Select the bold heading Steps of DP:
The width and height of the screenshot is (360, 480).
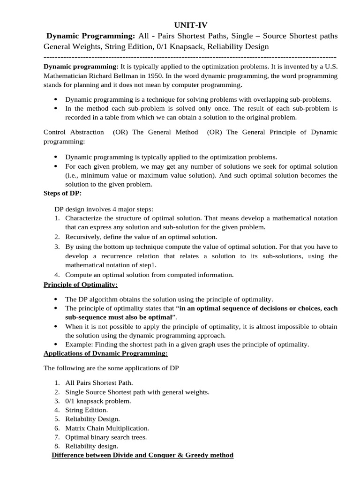click(x=63, y=193)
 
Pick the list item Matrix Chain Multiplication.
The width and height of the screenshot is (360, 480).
click(x=107, y=428)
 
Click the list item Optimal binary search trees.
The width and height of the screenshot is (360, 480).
click(x=106, y=437)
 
